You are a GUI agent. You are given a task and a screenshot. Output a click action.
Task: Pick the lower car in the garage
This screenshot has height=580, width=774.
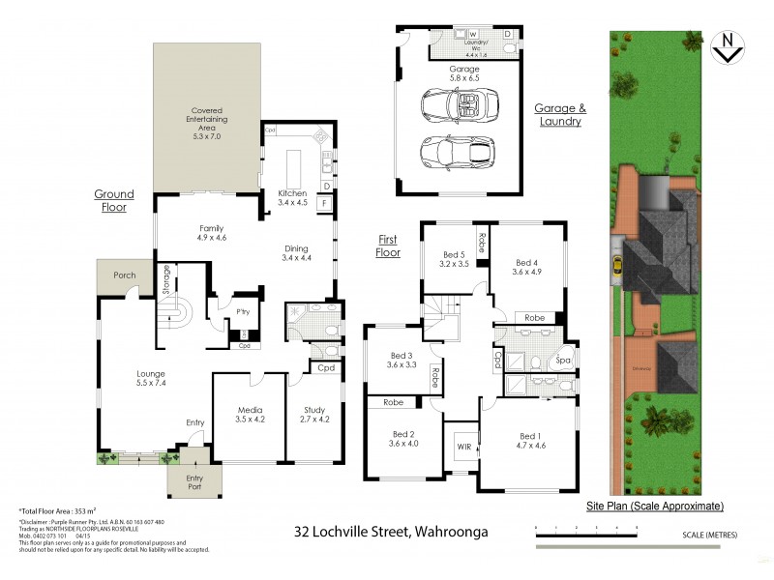[459, 152]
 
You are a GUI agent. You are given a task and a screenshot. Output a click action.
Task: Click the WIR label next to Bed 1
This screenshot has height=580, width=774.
[462, 448]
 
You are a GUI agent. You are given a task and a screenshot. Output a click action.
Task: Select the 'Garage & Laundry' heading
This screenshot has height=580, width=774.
[560, 115]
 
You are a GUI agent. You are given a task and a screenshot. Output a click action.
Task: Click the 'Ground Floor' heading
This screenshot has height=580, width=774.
[113, 200]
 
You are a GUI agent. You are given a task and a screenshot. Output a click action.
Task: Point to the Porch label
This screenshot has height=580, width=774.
[124, 275]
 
